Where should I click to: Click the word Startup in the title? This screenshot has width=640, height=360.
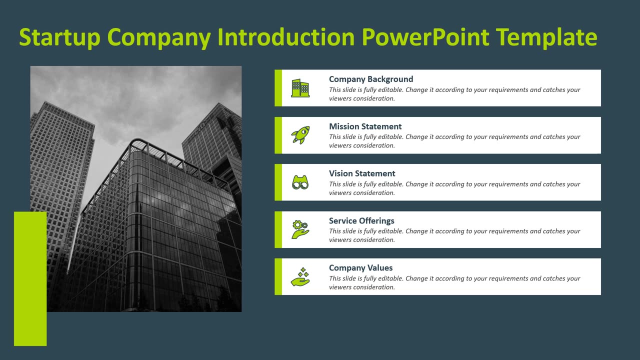(59, 37)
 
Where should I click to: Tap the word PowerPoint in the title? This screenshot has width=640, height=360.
(425, 37)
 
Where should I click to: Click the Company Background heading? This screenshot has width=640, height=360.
(370, 79)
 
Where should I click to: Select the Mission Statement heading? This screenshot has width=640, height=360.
(365, 126)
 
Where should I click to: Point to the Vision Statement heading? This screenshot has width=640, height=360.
(362, 173)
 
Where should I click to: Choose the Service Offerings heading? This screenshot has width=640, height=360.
(361, 220)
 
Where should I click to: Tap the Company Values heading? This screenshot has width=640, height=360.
(360, 267)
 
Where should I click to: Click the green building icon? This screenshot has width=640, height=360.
(300, 88)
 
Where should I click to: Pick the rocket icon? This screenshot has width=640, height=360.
(300, 135)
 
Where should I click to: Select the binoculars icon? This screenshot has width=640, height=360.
(300, 182)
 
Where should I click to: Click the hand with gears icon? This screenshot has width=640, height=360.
(300, 229)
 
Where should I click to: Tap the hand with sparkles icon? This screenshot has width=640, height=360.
(300, 276)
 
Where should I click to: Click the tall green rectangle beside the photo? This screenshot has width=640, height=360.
(30, 278)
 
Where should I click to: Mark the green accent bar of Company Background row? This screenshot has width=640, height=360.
(278, 88)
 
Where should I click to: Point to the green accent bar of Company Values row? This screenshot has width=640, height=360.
(278, 276)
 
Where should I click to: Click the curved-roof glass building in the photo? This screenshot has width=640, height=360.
(165, 225)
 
